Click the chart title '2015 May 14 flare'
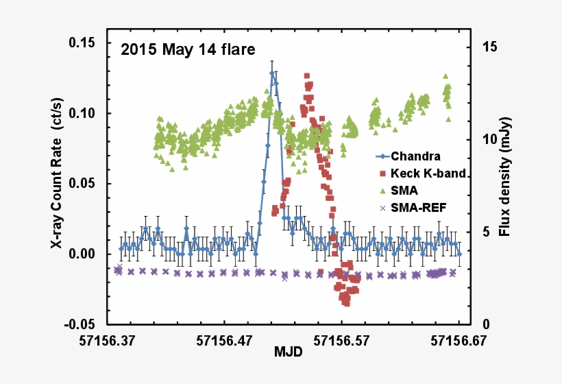188,49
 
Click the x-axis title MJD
284,352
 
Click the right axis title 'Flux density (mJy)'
505,177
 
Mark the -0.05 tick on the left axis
82,324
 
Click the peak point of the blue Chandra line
272,72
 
